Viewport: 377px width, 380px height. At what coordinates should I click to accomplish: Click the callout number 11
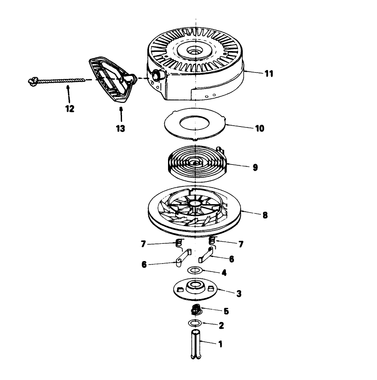click(269, 74)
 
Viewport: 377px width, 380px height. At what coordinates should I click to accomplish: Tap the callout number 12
click(70, 108)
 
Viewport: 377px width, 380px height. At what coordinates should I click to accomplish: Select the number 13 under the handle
click(121, 129)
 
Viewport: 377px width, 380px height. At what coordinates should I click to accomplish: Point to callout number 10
click(260, 128)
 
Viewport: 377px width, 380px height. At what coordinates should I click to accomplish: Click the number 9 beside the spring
click(255, 167)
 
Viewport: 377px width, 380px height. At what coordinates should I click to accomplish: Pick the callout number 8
click(265, 215)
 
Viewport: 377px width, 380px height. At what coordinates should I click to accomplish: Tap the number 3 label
click(239, 294)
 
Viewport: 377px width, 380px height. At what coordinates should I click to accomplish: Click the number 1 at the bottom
click(220, 344)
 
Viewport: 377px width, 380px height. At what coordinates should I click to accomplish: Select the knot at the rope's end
click(33, 82)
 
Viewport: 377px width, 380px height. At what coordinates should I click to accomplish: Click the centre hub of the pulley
click(195, 203)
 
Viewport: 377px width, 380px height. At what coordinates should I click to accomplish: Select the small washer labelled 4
click(195, 270)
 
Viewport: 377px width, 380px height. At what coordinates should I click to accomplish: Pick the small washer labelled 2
click(195, 323)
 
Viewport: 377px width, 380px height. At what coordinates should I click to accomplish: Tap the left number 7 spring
click(179, 243)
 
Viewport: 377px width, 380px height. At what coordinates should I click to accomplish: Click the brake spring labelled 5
click(196, 310)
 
